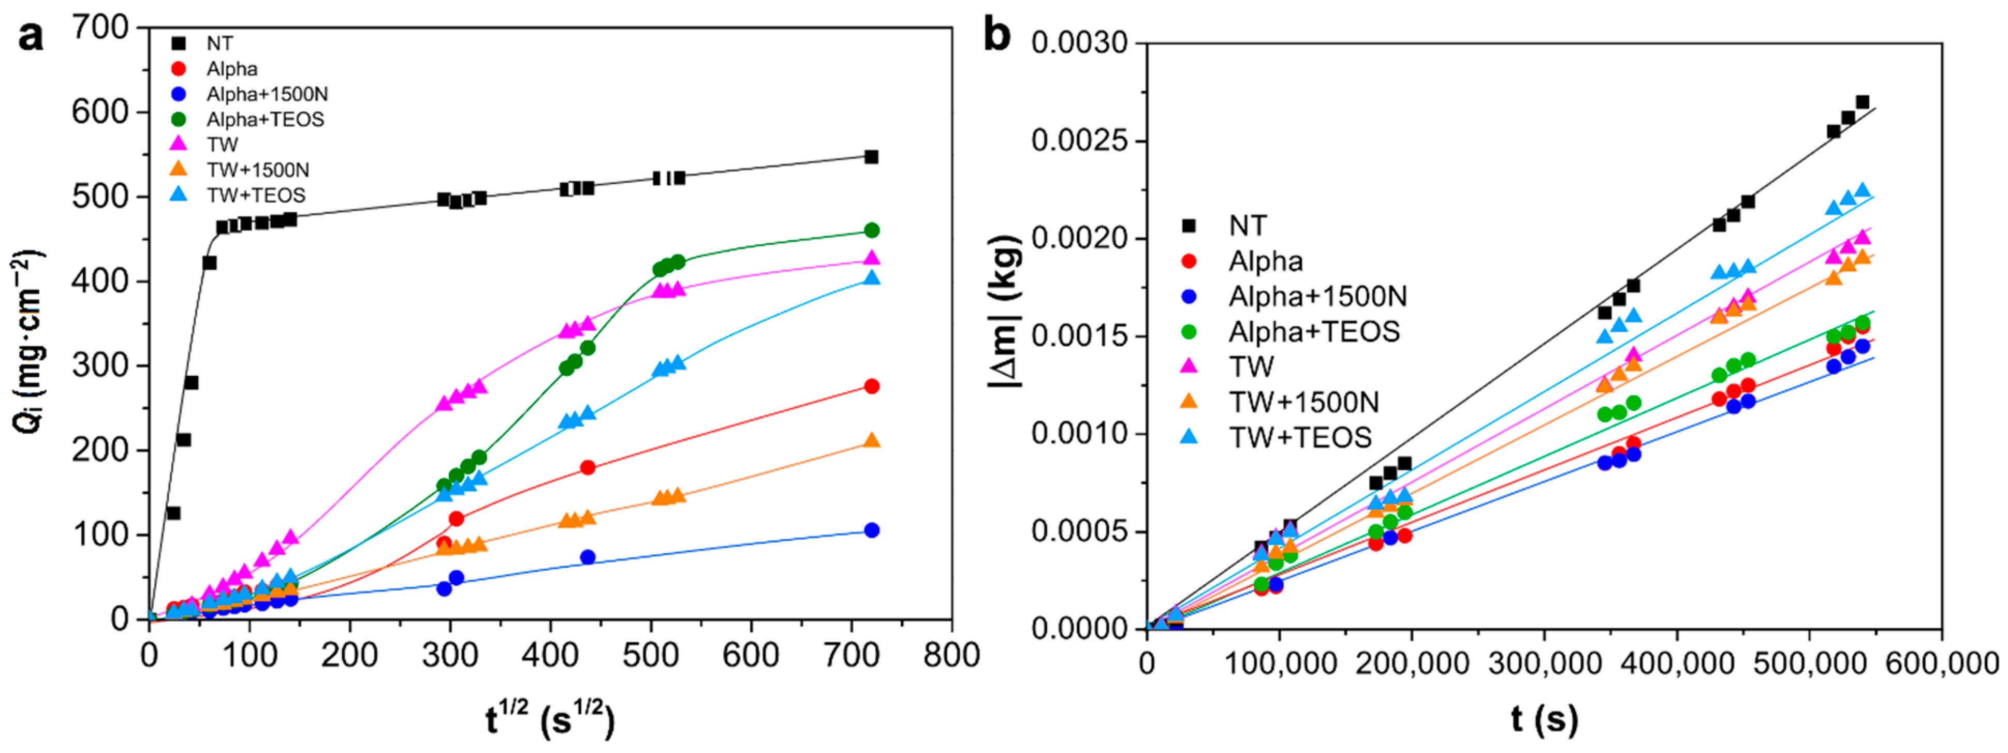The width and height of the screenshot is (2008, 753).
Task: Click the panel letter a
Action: (31, 37)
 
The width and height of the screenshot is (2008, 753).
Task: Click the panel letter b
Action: (997, 37)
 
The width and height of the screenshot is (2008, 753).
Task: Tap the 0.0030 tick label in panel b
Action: (1080, 43)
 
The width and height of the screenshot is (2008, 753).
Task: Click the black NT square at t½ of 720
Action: (872, 157)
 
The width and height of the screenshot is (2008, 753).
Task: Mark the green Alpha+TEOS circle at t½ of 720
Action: (872, 230)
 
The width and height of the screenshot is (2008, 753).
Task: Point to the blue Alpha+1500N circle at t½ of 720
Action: (872, 530)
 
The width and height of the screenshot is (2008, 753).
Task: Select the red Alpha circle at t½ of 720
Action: (872, 386)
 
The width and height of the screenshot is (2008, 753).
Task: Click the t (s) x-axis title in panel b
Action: (1544, 719)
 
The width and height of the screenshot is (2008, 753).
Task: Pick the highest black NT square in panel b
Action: (1862, 102)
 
